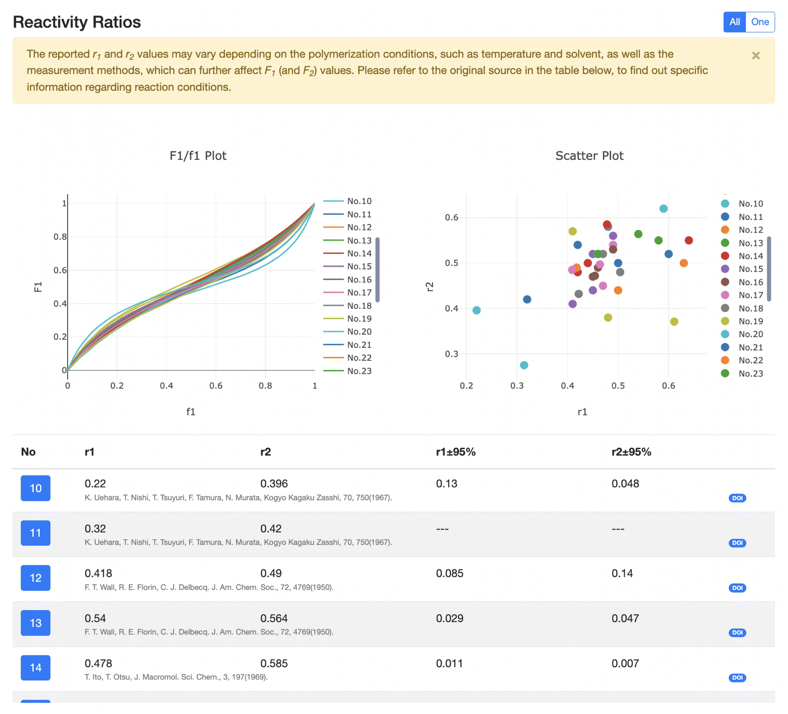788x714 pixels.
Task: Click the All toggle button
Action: tap(734, 22)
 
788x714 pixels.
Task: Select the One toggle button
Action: tap(759, 22)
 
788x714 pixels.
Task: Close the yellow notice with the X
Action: tap(755, 56)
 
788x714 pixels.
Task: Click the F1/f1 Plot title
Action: tap(198, 156)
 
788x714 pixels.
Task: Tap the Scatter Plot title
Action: tap(589, 156)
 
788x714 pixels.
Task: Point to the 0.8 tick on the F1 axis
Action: tap(60, 236)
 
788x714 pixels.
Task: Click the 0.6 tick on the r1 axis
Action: tap(668, 386)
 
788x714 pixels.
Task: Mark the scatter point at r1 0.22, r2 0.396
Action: tap(476, 310)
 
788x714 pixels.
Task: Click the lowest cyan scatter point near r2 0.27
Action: tap(524, 365)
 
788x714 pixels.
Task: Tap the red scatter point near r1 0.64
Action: tap(689, 241)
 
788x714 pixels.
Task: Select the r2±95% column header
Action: tap(631, 452)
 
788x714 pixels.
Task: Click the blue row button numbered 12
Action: tap(36, 578)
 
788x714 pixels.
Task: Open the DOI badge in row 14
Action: tap(737, 677)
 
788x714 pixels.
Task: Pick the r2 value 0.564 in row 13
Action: tap(274, 618)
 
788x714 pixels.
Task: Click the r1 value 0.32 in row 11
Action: tap(95, 529)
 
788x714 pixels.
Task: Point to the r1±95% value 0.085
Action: tap(449, 573)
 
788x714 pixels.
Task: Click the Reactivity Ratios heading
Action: tap(77, 22)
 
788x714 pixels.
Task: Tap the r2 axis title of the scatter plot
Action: tap(430, 287)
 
